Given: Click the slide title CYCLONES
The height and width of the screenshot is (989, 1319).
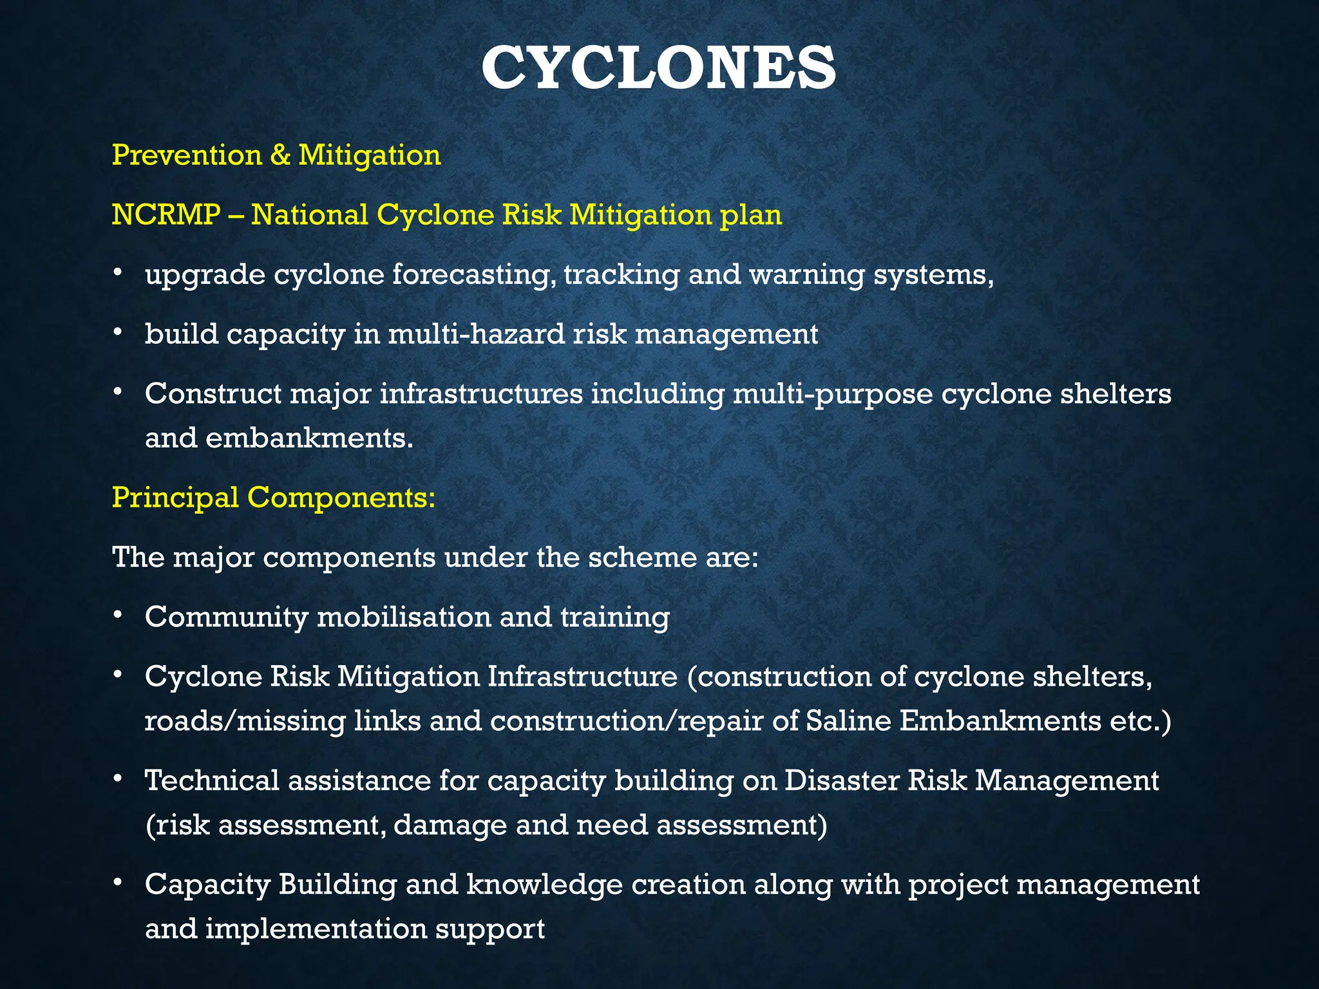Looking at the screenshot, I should click(658, 68).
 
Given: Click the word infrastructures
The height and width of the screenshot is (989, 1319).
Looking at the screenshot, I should click(480, 393).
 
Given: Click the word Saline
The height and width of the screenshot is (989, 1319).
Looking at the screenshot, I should click(848, 720).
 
